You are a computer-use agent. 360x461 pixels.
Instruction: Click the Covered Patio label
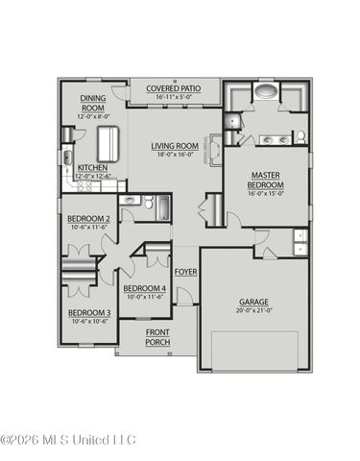click(x=174, y=88)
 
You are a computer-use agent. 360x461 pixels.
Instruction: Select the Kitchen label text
click(x=92, y=167)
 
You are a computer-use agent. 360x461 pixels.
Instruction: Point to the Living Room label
click(x=174, y=146)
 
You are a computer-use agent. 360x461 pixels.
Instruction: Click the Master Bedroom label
click(x=265, y=180)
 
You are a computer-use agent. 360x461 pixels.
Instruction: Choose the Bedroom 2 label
click(x=87, y=219)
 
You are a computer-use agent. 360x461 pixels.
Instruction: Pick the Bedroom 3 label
click(x=87, y=312)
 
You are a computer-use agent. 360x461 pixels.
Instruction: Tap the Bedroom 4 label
click(x=145, y=288)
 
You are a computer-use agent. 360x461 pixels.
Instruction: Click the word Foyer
click(x=185, y=272)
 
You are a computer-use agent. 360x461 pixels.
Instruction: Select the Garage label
click(x=254, y=302)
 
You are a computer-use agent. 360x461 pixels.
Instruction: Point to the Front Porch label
click(x=157, y=337)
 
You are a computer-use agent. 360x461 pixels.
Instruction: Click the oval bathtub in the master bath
click(x=264, y=94)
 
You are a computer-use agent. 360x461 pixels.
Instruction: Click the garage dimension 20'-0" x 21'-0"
click(x=254, y=311)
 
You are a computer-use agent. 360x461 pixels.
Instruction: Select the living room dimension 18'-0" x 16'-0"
click(x=174, y=156)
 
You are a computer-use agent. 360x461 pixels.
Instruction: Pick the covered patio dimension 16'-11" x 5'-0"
click(x=174, y=97)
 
